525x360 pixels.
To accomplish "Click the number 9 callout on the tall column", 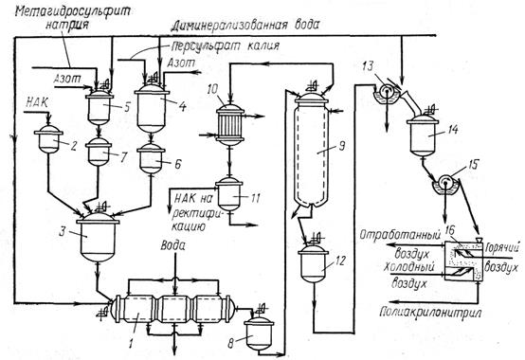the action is point(341,146).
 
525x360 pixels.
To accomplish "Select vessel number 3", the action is point(98,236).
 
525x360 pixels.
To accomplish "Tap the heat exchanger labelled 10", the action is point(229,125).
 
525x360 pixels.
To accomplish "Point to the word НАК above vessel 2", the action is point(37,102).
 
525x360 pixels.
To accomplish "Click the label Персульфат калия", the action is point(225,45).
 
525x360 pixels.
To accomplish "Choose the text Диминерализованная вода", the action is point(245,26).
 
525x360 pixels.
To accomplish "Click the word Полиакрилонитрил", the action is point(431,312).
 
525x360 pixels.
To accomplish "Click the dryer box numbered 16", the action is point(463,260).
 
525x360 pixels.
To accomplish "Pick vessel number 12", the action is point(313,263).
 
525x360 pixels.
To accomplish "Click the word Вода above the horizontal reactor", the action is point(172,246).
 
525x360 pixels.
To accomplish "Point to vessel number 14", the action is point(423,135).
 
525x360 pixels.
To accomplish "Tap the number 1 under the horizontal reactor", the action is point(131,343).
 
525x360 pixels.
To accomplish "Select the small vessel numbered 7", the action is point(99,152).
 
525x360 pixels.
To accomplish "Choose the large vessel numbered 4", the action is point(152,108).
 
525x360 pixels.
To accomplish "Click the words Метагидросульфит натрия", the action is point(72,18).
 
